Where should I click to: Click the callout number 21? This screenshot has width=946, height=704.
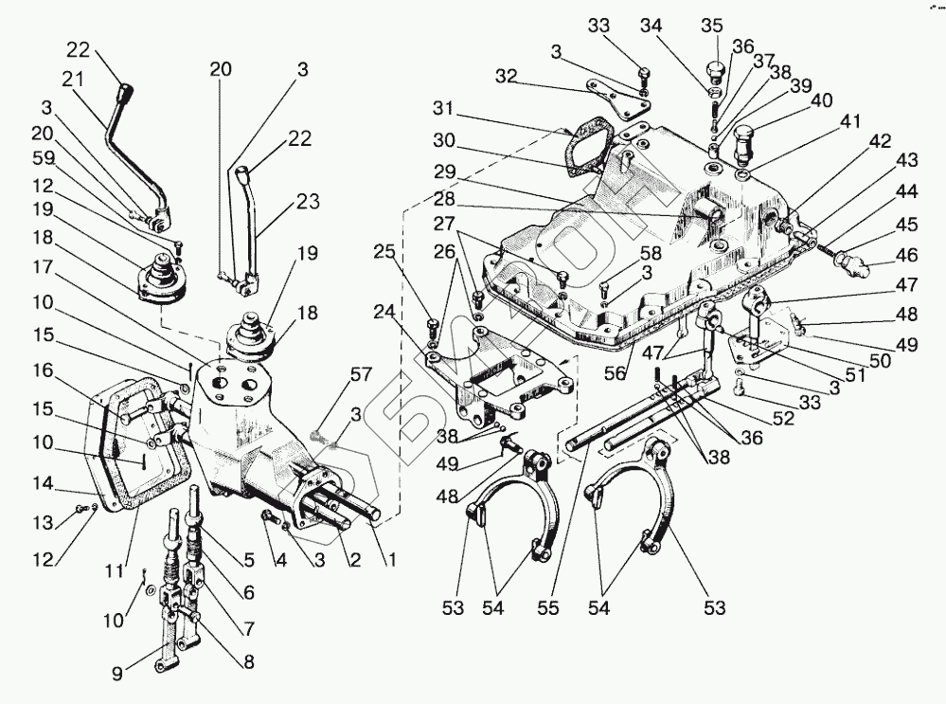pos(72,78)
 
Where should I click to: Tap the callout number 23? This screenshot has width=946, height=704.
pos(307,202)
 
